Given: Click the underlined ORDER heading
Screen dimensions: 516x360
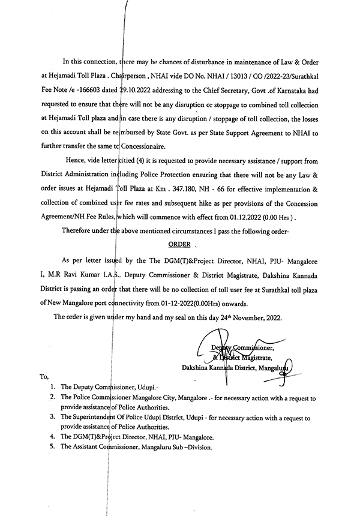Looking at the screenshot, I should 179,245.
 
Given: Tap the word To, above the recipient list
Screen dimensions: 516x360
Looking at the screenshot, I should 44,377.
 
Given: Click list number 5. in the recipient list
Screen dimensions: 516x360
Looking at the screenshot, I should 53,447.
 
